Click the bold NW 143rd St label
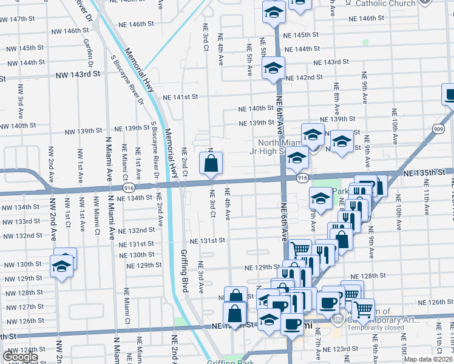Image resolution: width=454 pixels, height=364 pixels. pos(77,75)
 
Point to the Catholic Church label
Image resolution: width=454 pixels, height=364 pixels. pos(385,4)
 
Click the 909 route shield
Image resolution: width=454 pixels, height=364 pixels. pos(438,128)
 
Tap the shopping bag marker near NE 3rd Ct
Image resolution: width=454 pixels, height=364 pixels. pos(211,163)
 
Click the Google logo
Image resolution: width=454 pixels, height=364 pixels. pos(20,356)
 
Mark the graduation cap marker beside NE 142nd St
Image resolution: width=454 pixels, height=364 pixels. pos(273,68)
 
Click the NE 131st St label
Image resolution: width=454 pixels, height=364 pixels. pos(206,240)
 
